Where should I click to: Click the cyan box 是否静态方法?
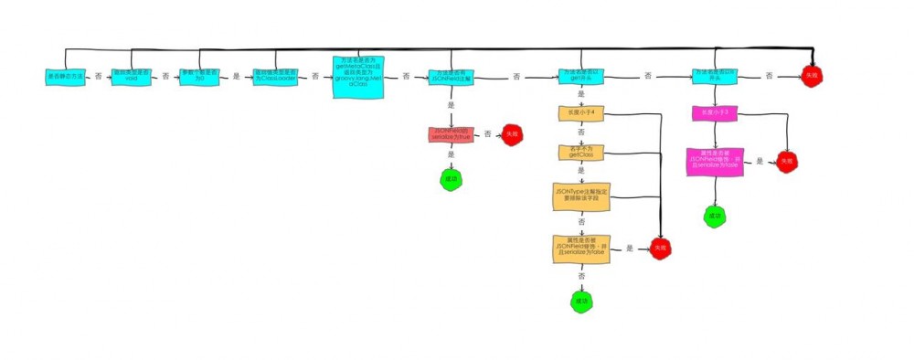tap(65, 77)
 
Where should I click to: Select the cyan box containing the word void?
tap(131, 77)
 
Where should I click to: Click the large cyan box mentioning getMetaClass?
tap(358, 78)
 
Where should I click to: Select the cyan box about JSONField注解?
tap(450, 77)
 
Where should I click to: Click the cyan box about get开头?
tap(582, 77)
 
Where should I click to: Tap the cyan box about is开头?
tap(715, 77)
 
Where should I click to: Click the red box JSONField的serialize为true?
tap(449, 134)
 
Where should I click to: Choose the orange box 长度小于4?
tap(582, 114)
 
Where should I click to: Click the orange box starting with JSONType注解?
tap(581, 196)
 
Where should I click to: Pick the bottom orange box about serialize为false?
tap(581, 249)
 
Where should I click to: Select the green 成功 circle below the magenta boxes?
tap(714, 216)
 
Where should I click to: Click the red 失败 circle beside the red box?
tap(512, 135)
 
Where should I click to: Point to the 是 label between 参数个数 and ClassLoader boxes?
tap(236, 77)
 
